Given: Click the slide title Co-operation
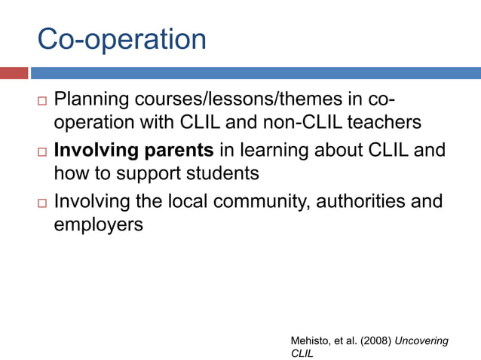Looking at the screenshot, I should pos(121,39).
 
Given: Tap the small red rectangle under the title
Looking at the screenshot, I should pos(14,73).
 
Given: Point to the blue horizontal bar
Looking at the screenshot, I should pos(256,73).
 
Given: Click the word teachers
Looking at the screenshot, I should pos(380,123).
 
